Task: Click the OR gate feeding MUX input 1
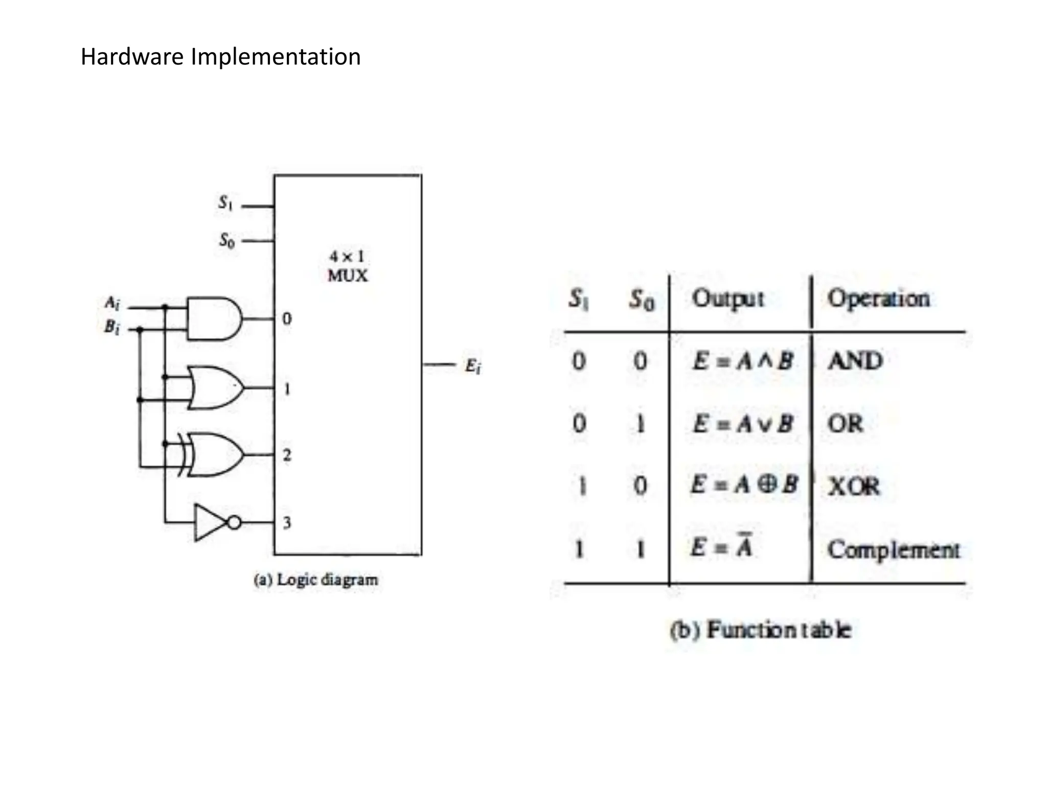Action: pyautogui.click(x=215, y=387)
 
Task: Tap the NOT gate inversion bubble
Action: pyautogui.click(x=234, y=522)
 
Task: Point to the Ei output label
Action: pyautogui.click(x=472, y=366)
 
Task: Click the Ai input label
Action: pyautogui.click(x=112, y=303)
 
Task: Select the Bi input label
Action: pyautogui.click(x=112, y=327)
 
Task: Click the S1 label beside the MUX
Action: pyautogui.click(x=225, y=203)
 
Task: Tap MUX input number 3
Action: pyautogui.click(x=287, y=522)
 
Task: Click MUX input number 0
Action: pyautogui.click(x=287, y=318)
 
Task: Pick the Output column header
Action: pyautogui.click(x=728, y=298)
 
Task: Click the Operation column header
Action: pyautogui.click(x=878, y=298)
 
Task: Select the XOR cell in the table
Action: pyautogui.click(x=854, y=486)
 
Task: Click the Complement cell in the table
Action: pyautogui.click(x=894, y=550)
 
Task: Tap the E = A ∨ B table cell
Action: pyautogui.click(x=742, y=424)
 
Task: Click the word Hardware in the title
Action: pyautogui.click(x=132, y=57)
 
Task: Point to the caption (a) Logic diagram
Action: pyautogui.click(x=316, y=580)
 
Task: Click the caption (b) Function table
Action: pyautogui.click(x=761, y=630)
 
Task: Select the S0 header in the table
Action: pyautogui.click(x=641, y=299)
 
